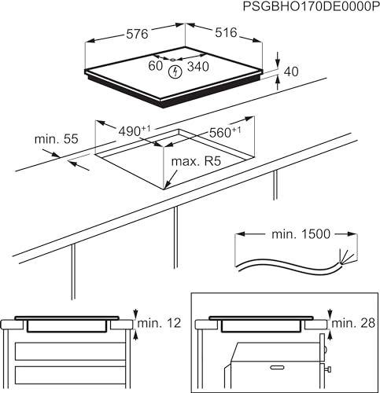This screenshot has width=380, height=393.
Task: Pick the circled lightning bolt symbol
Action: point(175,71)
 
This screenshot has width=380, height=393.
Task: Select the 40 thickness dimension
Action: point(290,72)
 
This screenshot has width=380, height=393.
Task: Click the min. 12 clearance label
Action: point(160,323)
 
